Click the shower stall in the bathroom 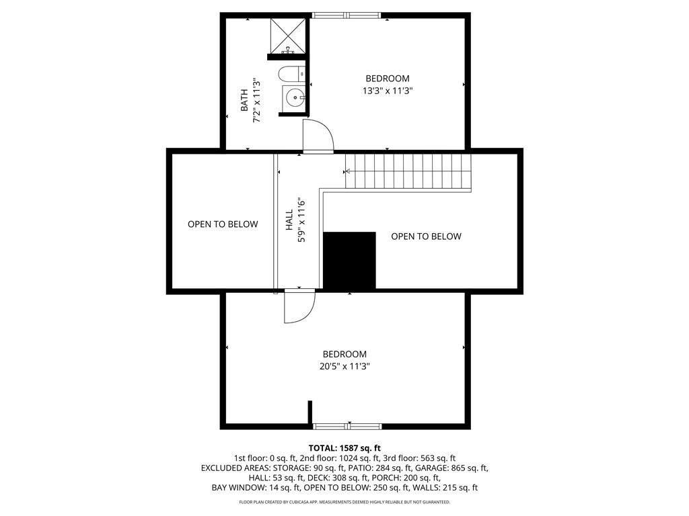[x=288, y=35]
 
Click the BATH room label [x=244, y=101]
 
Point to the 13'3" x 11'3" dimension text [x=387, y=90]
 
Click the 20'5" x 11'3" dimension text [x=344, y=366]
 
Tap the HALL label [x=289, y=219]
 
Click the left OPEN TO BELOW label [x=223, y=224]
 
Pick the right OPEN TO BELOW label [x=426, y=236]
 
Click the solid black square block [x=349, y=261]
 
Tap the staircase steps [x=407, y=171]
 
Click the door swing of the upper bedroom [x=318, y=136]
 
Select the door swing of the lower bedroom [x=299, y=308]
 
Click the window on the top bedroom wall [x=347, y=15]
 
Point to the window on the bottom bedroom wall [x=348, y=426]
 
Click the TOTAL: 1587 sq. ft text [x=344, y=447]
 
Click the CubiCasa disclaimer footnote [x=344, y=502]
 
